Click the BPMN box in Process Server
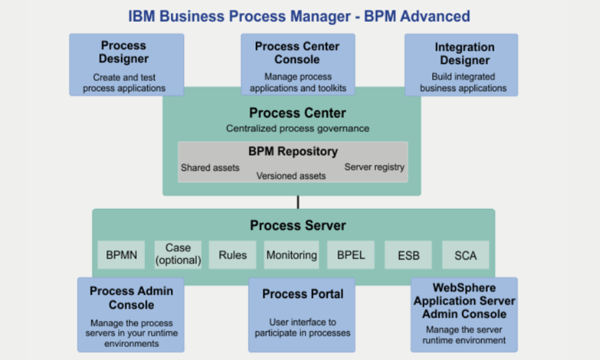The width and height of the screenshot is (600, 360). [x=121, y=255]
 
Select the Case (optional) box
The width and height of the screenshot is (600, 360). [x=178, y=255]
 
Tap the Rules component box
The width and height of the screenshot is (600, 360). [x=232, y=255]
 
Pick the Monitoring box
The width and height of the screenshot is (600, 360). [x=292, y=255]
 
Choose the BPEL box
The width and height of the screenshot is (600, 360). [x=351, y=255]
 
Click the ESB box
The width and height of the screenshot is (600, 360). [x=408, y=255]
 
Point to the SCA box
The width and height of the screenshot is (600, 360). [x=466, y=255]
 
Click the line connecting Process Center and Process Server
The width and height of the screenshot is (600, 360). [x=298, y=202]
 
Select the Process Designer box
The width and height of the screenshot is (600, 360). [x=127, y=65]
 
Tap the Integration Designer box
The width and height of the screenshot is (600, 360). [x=461, y=65]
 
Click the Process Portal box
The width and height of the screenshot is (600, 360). [x=302, y=315]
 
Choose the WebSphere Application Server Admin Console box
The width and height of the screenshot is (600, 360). [x=464, y=314]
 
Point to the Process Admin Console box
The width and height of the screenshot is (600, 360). [x=131, y=314]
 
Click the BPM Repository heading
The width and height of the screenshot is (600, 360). [x=293, y=151]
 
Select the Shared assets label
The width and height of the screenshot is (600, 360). [x=210, y=167]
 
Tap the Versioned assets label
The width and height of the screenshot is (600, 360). [x=291, y=176]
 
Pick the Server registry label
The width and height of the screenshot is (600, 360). [x=374, y=167]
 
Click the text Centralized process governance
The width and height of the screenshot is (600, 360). [x=298, y=128]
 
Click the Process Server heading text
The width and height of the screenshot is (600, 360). [x=298, y=226]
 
